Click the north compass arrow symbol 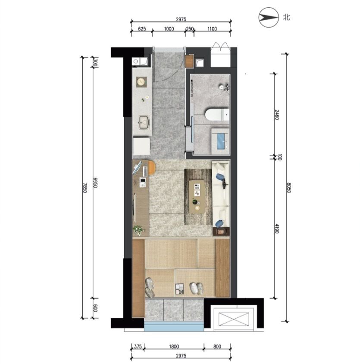click(269, 17)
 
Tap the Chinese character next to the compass click(286, 17)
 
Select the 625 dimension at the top click(142, 29)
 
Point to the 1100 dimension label click(212, 29)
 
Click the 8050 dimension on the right click(288, 188)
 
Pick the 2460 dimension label click(277, 115)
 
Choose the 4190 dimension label click(277, 229)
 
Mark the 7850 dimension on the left click(85, 188)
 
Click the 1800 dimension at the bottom click(174, 347)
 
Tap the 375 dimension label click(138, 347)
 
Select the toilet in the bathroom click(217, 114)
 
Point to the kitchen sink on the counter click(144, 122)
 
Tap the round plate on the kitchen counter click(141, 82)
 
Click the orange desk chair click(152, 168)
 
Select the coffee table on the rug click(197, 197)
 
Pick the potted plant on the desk click(138, 230)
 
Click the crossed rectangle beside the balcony click(234, 319)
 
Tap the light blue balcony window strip click(174, 326)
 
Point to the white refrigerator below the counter click(141, 146)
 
